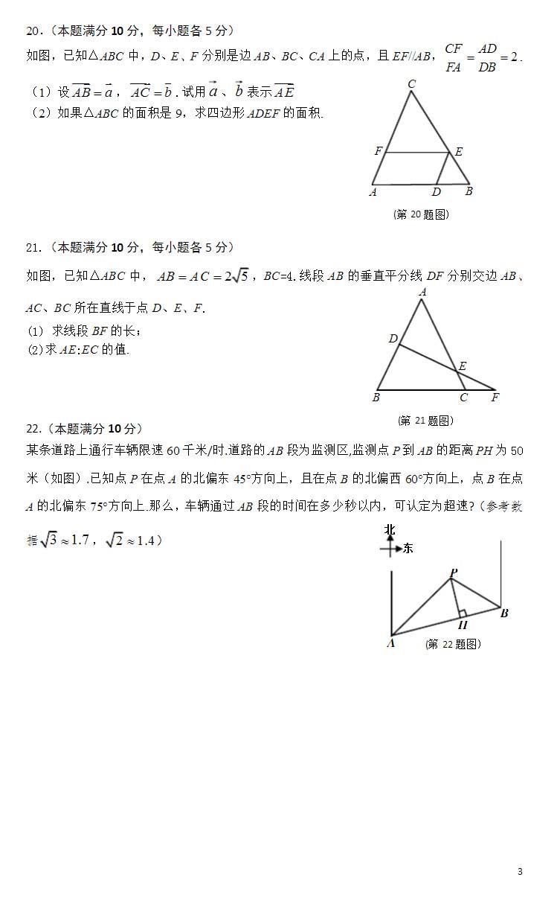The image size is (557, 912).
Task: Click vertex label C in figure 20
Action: (411, 85)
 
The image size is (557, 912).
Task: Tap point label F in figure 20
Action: (379, 151)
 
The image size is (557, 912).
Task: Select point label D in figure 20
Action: (437, 192)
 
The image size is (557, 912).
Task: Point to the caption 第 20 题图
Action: (421, 214)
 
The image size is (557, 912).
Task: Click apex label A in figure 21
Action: (422, 293)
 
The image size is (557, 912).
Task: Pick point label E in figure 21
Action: (463, 366)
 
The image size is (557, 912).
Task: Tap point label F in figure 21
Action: (495, 398)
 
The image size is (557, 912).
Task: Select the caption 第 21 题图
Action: (425, 420)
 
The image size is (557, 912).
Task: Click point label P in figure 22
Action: (454, 572)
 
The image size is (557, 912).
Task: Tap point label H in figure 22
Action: (463, 625)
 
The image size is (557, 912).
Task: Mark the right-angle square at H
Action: (463, 613)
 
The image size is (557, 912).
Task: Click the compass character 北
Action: (390, 529)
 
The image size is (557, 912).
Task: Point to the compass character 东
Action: (408, 549)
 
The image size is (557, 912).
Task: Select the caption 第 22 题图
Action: (453, 644)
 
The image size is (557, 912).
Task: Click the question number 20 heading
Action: (33, 31)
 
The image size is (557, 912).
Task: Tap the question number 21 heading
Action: (33, 247)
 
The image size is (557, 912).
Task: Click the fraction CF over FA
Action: (454, 57)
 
